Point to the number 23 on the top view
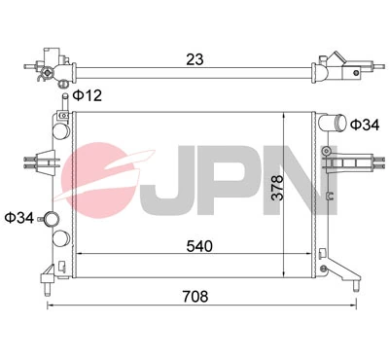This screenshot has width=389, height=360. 194,58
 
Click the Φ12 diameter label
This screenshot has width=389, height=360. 87,95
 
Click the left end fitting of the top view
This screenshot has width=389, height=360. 53,65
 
